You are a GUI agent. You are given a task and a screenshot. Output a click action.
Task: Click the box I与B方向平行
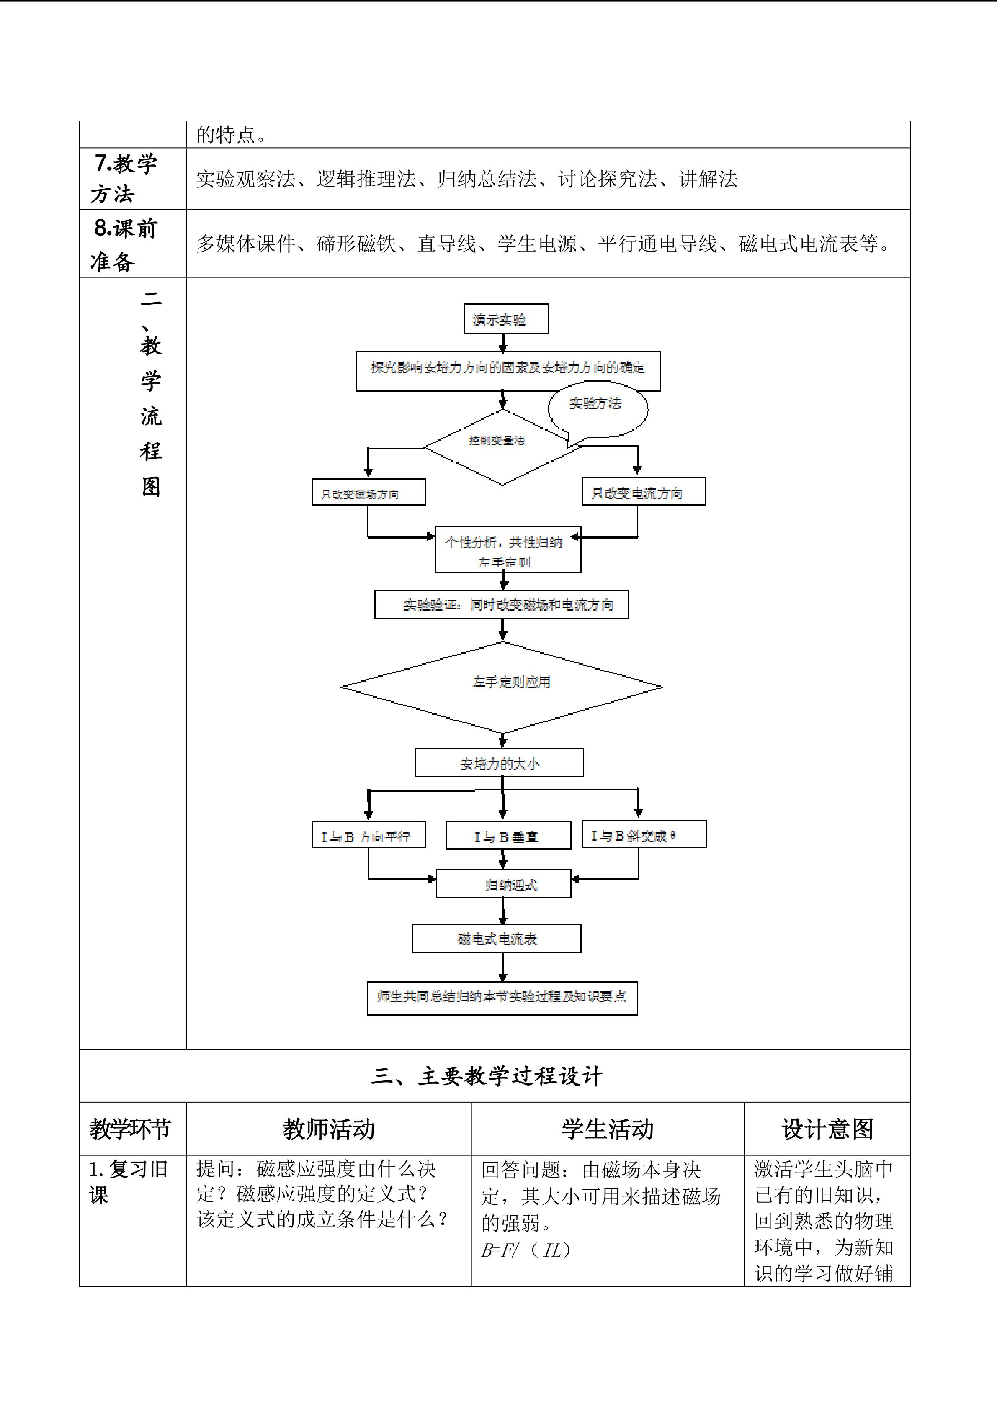point(368,835)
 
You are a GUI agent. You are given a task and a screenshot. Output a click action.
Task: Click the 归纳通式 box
point(503,884)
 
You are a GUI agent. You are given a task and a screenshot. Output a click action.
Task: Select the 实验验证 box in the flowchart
point(502,605)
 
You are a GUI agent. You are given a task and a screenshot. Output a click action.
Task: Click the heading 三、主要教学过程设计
point(486,1076)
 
